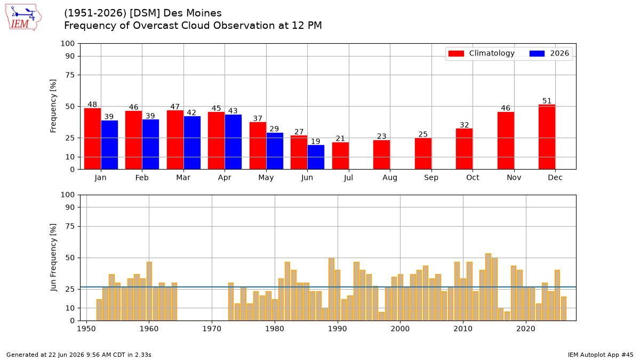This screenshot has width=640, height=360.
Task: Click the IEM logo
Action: pyautogui.click(x=23, y=18)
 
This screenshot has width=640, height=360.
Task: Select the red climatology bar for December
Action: pyautogui.click(x=547, y=137)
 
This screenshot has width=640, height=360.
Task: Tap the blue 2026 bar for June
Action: pyautogui.click(x=316, y=157)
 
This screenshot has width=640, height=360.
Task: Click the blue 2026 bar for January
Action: pyautogui.click(x=109, y=145)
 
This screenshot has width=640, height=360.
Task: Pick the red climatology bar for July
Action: pyautogui.click(x=340, y=156)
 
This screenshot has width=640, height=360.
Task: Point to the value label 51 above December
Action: pyautogui.click(x=547, y=101)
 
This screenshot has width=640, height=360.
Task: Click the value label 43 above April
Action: pyautogui.click(x=233, y=111)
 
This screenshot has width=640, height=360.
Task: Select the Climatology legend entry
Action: pyautogui.click(x=482, y=53)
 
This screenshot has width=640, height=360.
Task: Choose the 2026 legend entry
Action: pyautogui.click(x=549, y=53)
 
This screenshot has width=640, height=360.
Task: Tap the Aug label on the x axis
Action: pyautogui.click(x=390, y=178)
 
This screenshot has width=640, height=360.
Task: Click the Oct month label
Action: pyautogui.click(x=473, y=178)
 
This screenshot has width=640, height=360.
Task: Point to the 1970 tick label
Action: pyautogui.click(x=212, y=329)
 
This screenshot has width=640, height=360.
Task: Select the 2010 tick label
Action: pyautogui.click(x=463, y=329)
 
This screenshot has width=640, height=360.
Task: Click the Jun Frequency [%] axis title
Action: pyautogui.click(x=53, y=258)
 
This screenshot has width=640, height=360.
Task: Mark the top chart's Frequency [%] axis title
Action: pyautogui.click(x=53, y=106)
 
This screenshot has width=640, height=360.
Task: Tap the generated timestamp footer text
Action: pyautogui.click(x=79, y=355)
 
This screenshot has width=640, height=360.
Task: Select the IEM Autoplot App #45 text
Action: pyautogui.click(x=601, y=355)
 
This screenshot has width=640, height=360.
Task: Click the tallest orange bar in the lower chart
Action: pyautogui.click(x=488, y=287)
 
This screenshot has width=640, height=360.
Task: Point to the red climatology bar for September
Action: pyautogui.click(x=423, y=154)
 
